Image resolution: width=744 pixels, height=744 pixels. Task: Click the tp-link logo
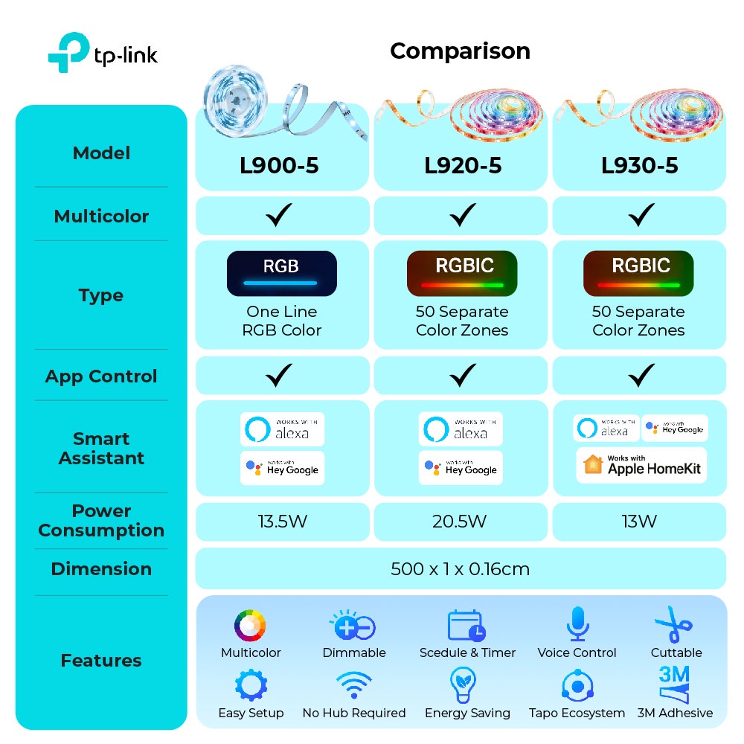click(x=103, y=53)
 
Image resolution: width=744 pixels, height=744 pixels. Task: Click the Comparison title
click(x=460, y=51)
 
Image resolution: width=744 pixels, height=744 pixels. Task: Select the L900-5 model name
click(x=279, y=166)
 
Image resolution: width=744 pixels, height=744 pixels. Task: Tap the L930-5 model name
click(x=639, y=166)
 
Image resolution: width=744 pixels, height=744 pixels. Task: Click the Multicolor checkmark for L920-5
click(x=463, y=215)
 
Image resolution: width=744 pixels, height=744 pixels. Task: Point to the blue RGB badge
click(x=282, y=273)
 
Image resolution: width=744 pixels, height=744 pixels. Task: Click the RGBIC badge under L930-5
click(x=638, y=273)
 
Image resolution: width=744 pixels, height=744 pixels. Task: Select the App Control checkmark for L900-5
click(x=279, y=375)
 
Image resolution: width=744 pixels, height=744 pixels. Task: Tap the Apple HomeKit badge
click(x=641, y=465)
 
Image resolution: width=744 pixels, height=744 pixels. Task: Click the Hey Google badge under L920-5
click(x=461, y=468)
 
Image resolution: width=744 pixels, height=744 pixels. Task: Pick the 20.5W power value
click(x=459, y=522)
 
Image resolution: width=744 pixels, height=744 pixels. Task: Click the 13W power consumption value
click(x=639, y=522)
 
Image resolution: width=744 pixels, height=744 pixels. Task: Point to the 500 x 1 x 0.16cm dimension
click(x=460, y=569)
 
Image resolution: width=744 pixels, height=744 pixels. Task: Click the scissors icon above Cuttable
click(x=674, y=624)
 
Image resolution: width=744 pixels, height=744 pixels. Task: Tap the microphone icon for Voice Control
click(x=577, y=624)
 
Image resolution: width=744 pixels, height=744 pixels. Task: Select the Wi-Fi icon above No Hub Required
click(x=354, y=685)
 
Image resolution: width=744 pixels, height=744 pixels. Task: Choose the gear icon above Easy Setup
click(x=251, y=685)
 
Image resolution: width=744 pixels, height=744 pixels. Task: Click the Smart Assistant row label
click(x=101, y=449)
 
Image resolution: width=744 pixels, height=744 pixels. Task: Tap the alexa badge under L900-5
click(x=282, y=429)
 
